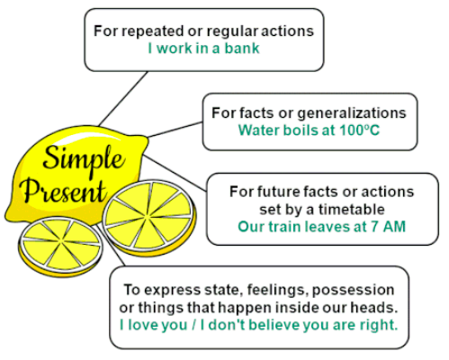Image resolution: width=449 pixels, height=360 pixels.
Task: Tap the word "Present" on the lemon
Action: point(65,192)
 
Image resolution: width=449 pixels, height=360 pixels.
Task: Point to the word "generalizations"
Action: point(352,113)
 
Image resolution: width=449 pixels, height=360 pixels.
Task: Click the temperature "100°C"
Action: point(359,130)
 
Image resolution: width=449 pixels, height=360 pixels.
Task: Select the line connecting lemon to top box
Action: point(123,98)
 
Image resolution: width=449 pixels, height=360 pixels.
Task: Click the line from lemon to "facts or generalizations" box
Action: point(175,130)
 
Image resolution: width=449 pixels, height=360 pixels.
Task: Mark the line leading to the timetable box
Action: point(175,173)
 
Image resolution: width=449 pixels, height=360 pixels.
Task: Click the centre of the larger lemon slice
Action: point(149,217)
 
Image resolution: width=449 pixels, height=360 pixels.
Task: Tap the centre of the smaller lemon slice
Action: point(61,244)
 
